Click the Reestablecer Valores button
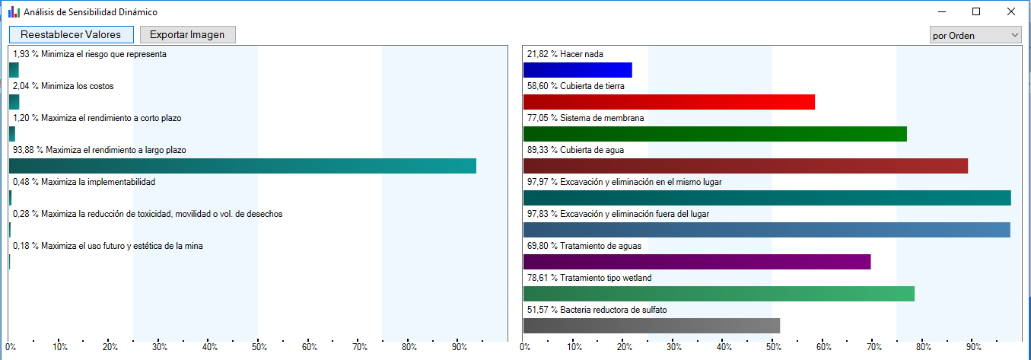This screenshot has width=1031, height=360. pyautogui.click(x=72, y=34)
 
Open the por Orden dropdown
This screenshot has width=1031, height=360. pyautogui.click(x=975, y=35)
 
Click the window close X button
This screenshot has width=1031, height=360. pyautogui.click(x=1010, y=11)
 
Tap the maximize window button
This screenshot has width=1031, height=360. pyautogui.click(x=975, y=11)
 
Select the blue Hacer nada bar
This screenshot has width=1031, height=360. pyautogui.click(x=578, y=70)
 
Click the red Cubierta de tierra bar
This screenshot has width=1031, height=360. pyautogui.click(x=669, y=102)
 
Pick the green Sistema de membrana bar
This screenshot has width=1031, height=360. pyautogui.click(x=714, y=134)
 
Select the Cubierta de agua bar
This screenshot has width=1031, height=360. pyautogui.click(x=746, y=166)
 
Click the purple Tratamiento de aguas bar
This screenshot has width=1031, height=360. pyautogui.click(x=697, y=262)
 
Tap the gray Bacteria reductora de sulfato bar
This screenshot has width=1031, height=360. pyautogui.click(x=652, y=326)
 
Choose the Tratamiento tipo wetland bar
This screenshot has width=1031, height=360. pyautogui.click(x=719, y=294)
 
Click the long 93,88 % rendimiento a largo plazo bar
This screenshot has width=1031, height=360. pyautogui.click(x=243, y=166)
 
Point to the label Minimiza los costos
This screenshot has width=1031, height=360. pyautogui.click(x=78, y=86)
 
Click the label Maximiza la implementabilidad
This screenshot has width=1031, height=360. pyautogui.click(x=98, y=182)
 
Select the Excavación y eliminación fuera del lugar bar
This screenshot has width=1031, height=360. pyautogui.click(x=767, y=230)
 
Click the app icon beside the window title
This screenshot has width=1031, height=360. pyautogui.click(x=14, y=12)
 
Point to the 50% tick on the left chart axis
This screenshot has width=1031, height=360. pyautogui.click(x=259, y=341)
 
